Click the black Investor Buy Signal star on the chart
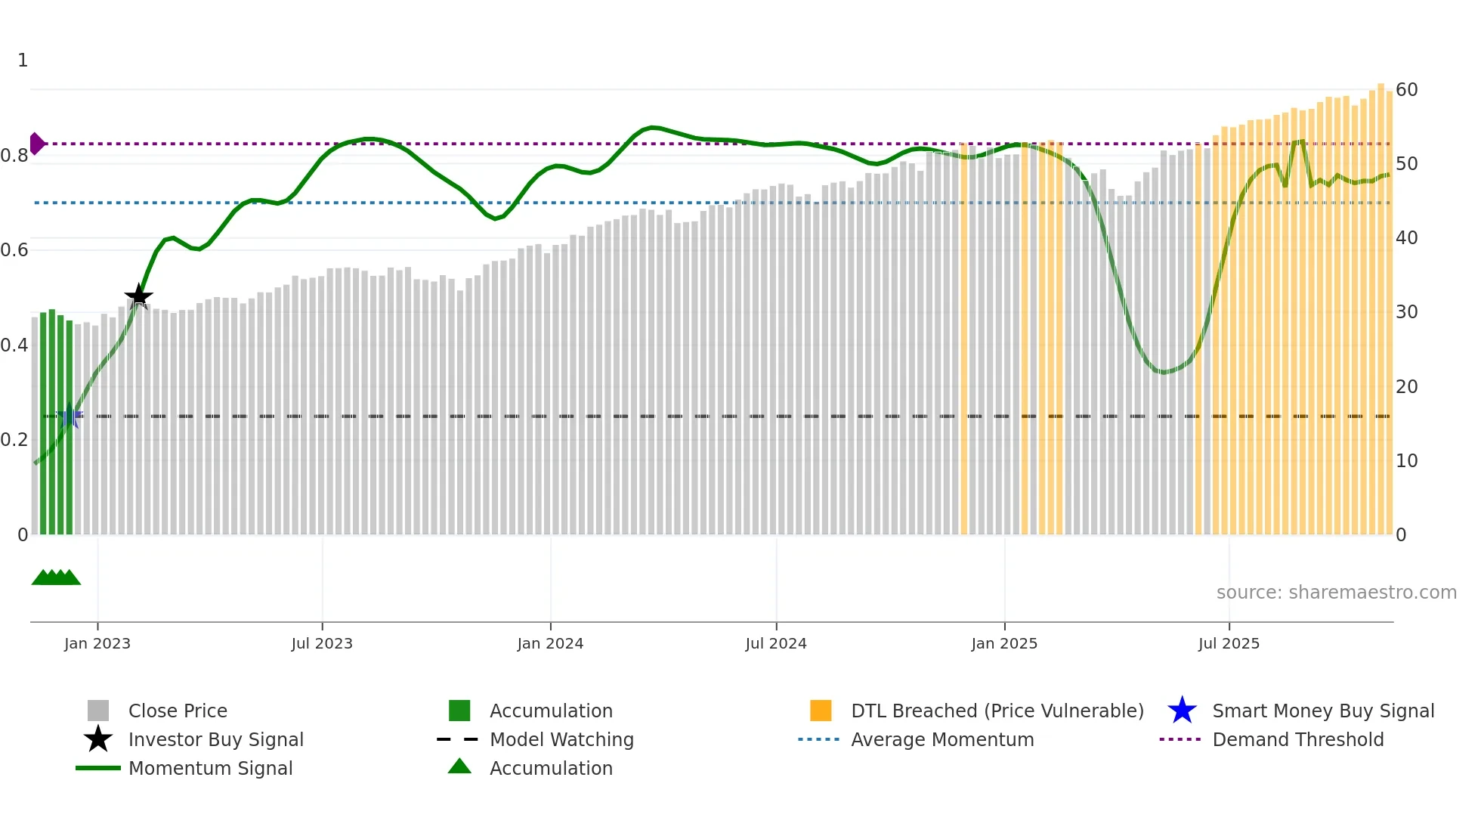click(x=138, y=296)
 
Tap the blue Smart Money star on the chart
click(x=70, y=416)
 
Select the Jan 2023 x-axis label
click(x=97, y=643)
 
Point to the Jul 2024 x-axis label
click(x=776, y=643)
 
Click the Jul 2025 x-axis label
click(x=1229, y=643)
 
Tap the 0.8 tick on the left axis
click(x=14, y=156)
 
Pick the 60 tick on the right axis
click(x=1406, y=90)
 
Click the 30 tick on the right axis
click(x=1406, y=312)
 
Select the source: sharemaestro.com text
click(x=1336, y=593)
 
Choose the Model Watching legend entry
click(x=561, y=740)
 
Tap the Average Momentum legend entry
click(x=941, y=740)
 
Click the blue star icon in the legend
click(x=1182, y=711)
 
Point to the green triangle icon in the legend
click(x=459, y=766)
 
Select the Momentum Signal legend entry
click(x=210, y=769)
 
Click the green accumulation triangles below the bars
click(x=56, y=578)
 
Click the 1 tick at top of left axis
click(x=23, y=60)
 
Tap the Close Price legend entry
click(x=178, y=711)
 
